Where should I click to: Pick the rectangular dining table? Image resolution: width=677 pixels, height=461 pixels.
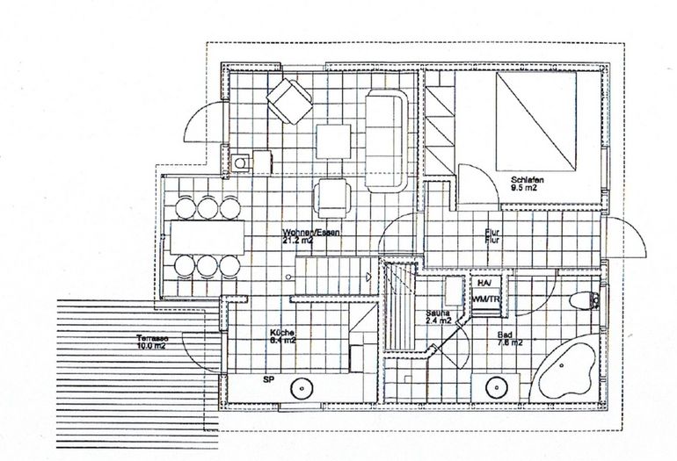click(x=206, y=237)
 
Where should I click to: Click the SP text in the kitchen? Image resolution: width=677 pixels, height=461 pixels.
click(x=268, y=379)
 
